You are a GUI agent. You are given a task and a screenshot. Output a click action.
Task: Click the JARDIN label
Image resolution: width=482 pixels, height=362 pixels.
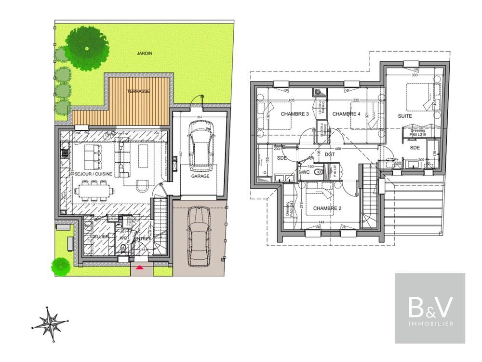pyautogui.click(x=144, y=54)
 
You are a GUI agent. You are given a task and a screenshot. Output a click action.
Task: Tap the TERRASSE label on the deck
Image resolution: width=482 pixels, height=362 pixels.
pyautogui.click(x=138, y=91)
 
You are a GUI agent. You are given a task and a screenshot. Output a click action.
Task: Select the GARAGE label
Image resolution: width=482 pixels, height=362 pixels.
pyautogui.click(x=200, y=176)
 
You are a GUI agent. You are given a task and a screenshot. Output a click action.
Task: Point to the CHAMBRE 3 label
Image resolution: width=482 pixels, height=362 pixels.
pyautogui.click(x=295, y=114)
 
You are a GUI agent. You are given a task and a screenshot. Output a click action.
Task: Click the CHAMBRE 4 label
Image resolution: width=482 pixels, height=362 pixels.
pyautogui.click(x=346, y=114)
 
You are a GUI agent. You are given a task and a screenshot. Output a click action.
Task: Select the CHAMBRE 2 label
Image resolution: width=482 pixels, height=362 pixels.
pyautogui.click(x=327, y=209)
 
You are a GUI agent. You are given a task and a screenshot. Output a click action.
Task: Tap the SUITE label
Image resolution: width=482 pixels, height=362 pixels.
pyautogui.click(x=405, y=116)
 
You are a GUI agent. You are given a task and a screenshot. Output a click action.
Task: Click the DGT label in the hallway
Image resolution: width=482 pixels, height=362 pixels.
pyautogui.click(x=330, y=154)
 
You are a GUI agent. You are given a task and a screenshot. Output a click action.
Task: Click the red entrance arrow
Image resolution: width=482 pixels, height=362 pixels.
pyautogui.click(x=140, y=266)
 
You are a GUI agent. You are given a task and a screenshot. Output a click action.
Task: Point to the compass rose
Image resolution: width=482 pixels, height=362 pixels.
pyautogui.click(x=50, y=323)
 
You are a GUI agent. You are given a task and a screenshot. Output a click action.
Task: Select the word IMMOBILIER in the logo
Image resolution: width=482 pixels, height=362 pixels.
pyautogui.click(x=430, y=323)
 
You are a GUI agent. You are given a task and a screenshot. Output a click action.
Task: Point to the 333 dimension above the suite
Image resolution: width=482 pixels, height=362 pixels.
pyautogui.click(x=414, y=75)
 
